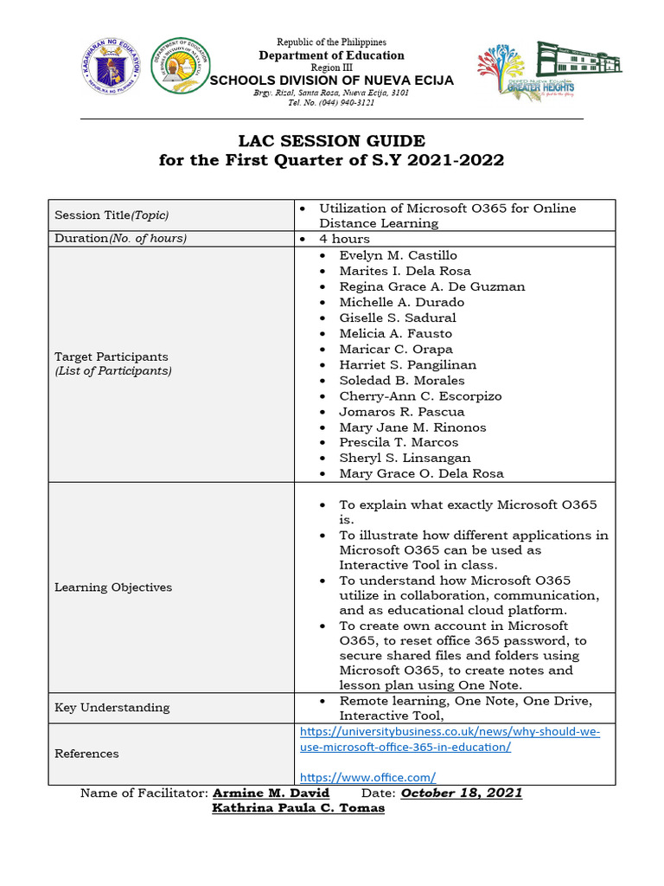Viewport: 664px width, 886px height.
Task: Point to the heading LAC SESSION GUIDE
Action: pos(332,141)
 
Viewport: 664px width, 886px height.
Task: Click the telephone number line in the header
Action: pos(331,102)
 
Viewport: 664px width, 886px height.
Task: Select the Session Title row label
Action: pos(112,215)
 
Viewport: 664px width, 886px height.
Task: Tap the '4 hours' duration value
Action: pos(344,239)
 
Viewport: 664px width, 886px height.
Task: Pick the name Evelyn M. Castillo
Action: pos(398,255)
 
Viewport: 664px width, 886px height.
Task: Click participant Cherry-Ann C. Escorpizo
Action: pos(420,395)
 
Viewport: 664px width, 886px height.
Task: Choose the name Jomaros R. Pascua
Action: pos(401,411)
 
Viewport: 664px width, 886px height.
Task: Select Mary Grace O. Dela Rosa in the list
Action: pos(421,473)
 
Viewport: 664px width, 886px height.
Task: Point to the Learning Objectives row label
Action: pos(113,587)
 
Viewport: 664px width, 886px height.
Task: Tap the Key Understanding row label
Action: pos(112,707)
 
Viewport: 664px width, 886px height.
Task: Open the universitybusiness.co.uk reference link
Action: pos(450,739)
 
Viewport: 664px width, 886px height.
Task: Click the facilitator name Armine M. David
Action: pos(271,793)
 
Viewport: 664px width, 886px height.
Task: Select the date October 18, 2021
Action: pos(462,793)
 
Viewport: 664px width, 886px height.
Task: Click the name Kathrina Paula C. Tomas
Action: pos(298,808)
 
